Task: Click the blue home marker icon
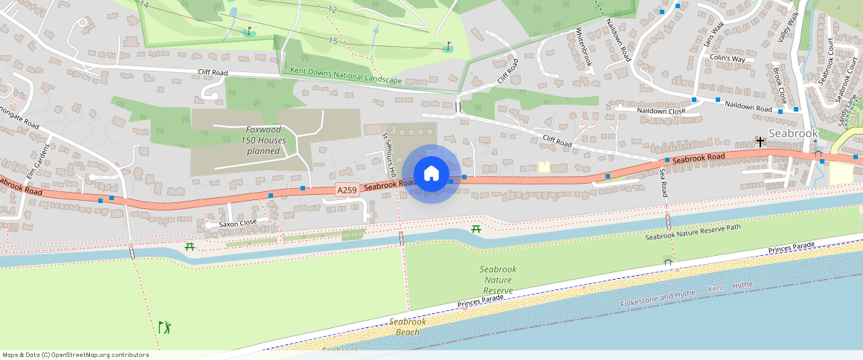(x=431, y=174)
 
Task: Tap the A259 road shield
(x=347, y=190)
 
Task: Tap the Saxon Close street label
(x=237, y=222)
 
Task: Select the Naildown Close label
(x=661, y=111)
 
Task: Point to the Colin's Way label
(x=727, y=58)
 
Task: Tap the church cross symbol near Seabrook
(x=760, y=141)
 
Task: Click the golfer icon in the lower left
(x=164, y=327)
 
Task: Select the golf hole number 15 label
(x=333, y=41)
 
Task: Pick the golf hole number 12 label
(x=332, y=10)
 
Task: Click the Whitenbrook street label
(x=583, y=48)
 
